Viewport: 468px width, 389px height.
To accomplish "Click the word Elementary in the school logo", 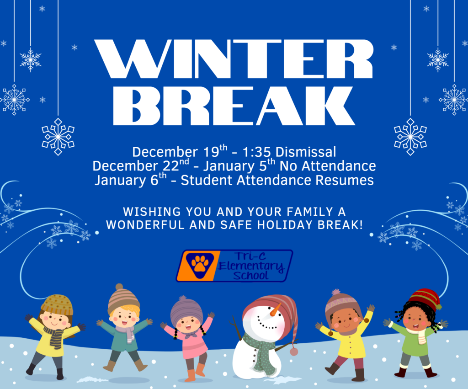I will (x=251, y=266).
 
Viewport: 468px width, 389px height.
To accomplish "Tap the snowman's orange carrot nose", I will (x=276, y=310).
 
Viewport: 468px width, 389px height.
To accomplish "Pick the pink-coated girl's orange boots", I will (x=195, y=371).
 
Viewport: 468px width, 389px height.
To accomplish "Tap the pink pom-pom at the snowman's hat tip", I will (x=293, y=352).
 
